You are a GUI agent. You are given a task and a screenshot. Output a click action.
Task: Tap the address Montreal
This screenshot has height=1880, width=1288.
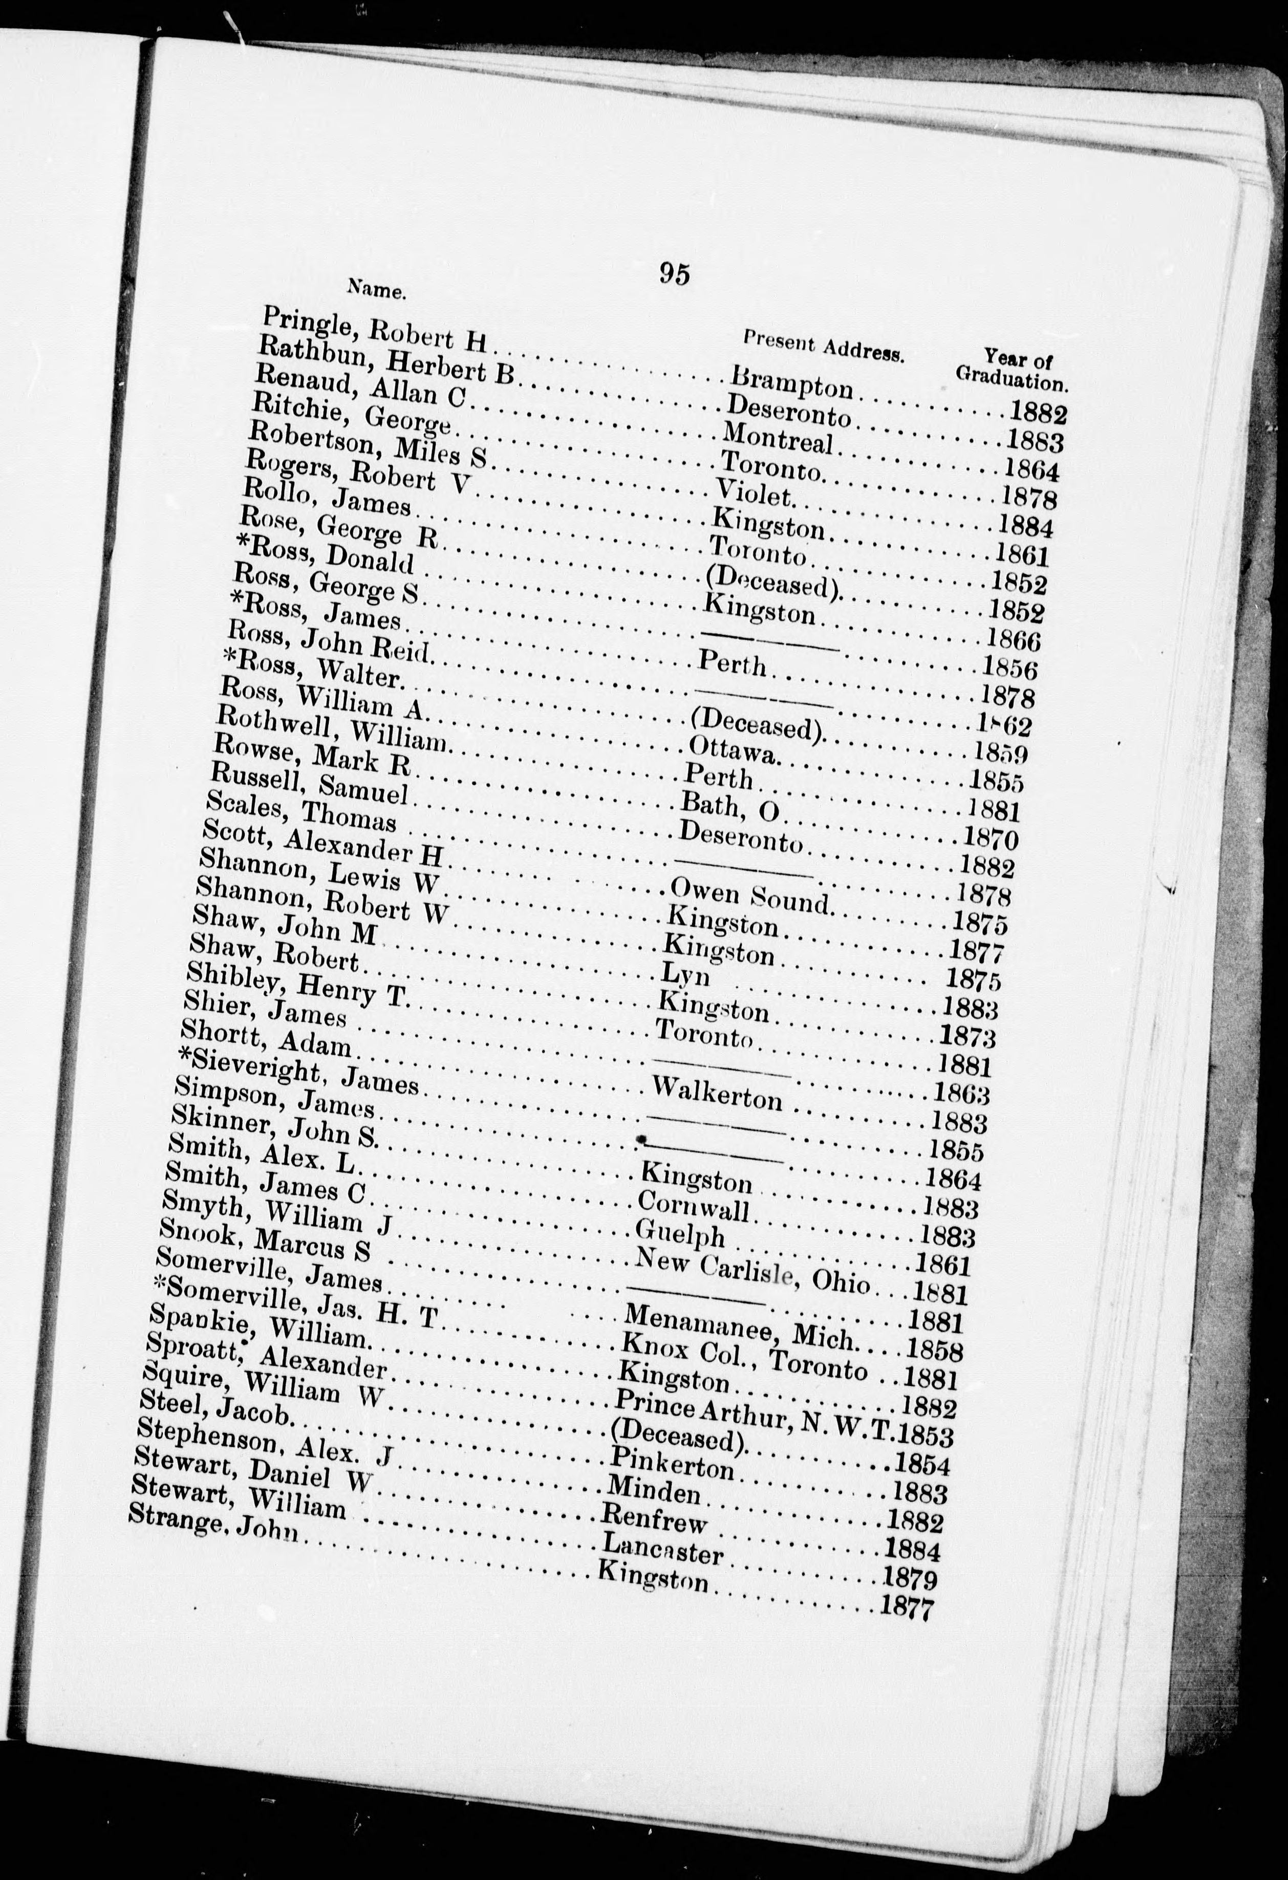[778, 441]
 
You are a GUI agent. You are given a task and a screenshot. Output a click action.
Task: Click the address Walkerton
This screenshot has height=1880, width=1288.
[717, 1094]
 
